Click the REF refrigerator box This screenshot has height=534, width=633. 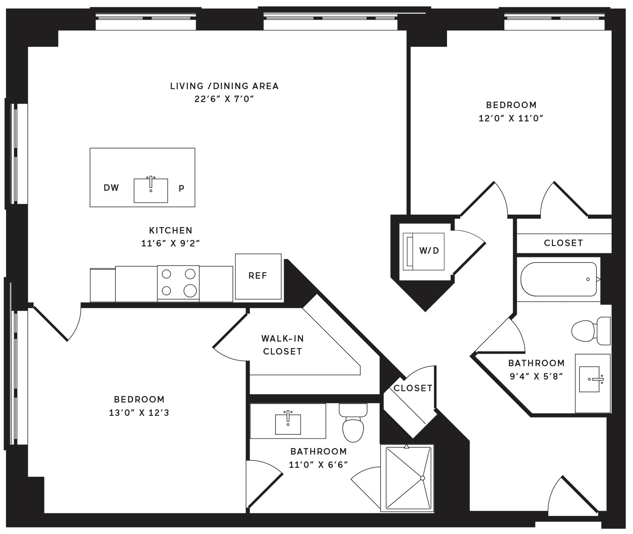click(x=258, y=276)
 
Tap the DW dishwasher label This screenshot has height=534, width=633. click(x=111, y=188)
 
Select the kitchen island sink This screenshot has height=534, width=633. click(x=151, y=190)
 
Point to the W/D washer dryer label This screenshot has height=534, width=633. click(x=429, y=250)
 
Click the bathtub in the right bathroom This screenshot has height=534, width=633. click(x=558, y=279)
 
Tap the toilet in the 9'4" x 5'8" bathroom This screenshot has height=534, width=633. click(x=591, y=331)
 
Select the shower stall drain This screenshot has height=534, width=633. click(x=422, y=478)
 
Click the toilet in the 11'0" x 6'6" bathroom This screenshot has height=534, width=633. click(x=353, y=422)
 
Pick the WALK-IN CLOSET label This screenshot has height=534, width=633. click(x=282, y=345)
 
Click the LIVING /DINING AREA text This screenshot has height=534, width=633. click(x=224, y=86)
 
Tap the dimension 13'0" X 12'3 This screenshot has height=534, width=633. click(x=139, y=413)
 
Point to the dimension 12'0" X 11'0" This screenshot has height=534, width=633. click(x=511, y=118)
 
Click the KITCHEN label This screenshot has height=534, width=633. click(x=171, y=230)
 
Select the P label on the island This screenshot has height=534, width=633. click(x=181, y=188)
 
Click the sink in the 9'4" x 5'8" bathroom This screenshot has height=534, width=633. click(x=590, y=379)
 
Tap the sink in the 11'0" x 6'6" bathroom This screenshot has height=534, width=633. click(x=288, y=424)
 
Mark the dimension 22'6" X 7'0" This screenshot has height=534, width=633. click(x=224, y=99)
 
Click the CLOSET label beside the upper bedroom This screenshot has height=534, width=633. click(x=564, y=243)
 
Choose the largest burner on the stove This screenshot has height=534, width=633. click(x=190, y=291)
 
